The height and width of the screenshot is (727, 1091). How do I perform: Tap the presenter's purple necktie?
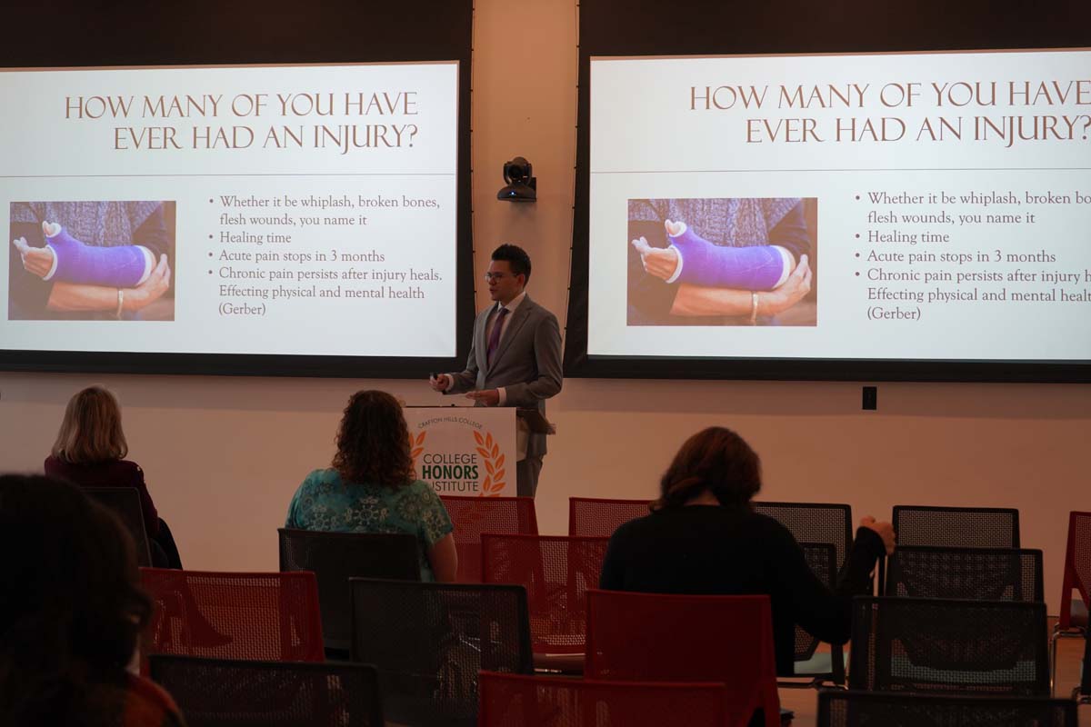(x=496, y=332)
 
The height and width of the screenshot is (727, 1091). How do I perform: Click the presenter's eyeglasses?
(x=499, y=275)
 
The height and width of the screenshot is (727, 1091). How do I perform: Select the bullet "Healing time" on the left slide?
(x=255, y=237)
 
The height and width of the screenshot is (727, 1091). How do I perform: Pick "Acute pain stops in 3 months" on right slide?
(x=961, y=256)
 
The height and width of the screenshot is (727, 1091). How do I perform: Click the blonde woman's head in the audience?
(x=88, y=423)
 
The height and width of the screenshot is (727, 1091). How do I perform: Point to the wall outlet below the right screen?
(x=869, y=398)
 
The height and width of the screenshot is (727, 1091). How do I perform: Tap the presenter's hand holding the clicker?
(x=440, y=382)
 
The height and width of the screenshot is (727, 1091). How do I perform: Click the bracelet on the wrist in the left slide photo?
(x=119, y=304)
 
